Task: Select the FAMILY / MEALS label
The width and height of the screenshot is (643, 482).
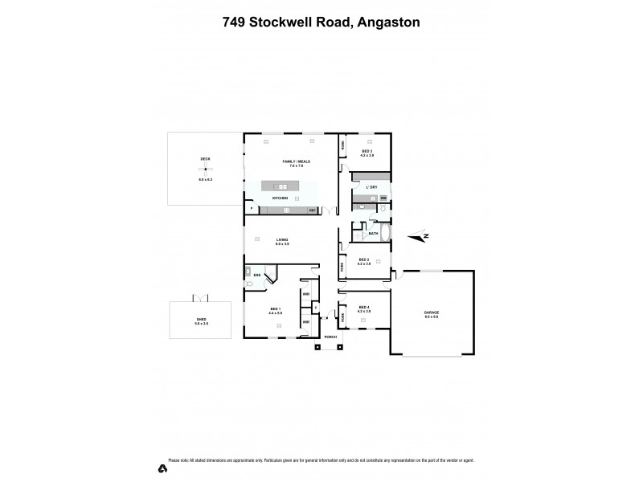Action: (x=297, y=161)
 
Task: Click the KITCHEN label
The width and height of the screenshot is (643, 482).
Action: (x=280, y=197)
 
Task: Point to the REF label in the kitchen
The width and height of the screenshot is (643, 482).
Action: (x=313, y=210)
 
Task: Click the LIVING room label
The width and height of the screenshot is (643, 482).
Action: (x=282, y=239)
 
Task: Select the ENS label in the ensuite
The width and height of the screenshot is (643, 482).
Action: (x=256, y=275)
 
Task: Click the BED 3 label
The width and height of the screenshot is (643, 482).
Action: (x=367, y=151)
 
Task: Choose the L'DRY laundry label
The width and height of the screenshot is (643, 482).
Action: (x=371, y=187)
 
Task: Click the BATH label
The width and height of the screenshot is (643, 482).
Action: (x=373, y=234)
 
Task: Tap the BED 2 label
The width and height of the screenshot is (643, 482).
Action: (x=363, y=259)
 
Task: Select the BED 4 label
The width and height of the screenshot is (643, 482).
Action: (x=363, y=307)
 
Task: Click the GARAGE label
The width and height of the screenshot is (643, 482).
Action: (x=432, y=312)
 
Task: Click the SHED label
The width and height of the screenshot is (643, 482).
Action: (x=201, y=319)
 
